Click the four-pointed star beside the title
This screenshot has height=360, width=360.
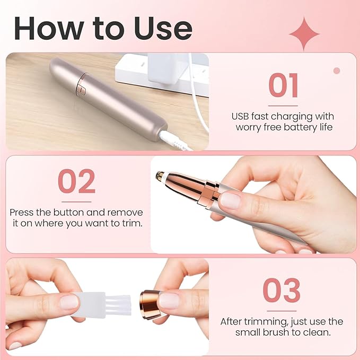(304, 33)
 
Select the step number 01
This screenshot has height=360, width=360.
(283, 86)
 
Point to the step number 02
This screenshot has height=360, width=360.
(76, 181)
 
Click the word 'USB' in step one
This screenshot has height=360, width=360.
(241, 116)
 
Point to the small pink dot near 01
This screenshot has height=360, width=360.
(336, 71)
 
